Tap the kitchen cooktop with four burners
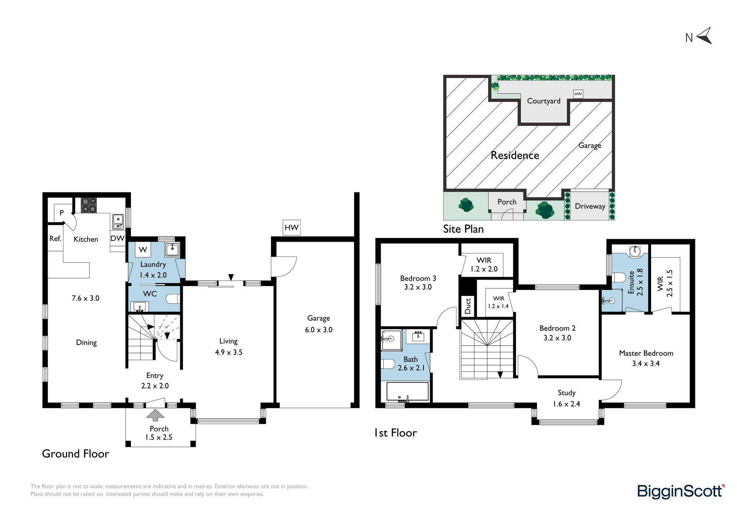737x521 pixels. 89,205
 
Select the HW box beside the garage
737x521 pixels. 291,227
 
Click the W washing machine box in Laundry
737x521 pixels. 143,249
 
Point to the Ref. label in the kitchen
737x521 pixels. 55,239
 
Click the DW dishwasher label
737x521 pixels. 118,238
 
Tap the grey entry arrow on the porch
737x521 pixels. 156,415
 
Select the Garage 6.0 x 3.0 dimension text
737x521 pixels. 319,330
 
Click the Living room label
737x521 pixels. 228,342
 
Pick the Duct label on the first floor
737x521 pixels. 468,306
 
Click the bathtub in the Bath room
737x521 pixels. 408,391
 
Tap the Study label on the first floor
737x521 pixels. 566,393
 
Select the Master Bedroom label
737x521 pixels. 646,353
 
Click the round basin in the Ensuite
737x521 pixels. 635,251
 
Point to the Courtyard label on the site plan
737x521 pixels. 544,101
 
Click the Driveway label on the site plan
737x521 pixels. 590,206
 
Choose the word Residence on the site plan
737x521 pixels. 515,155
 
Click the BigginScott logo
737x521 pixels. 681,492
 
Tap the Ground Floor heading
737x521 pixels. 76,454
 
